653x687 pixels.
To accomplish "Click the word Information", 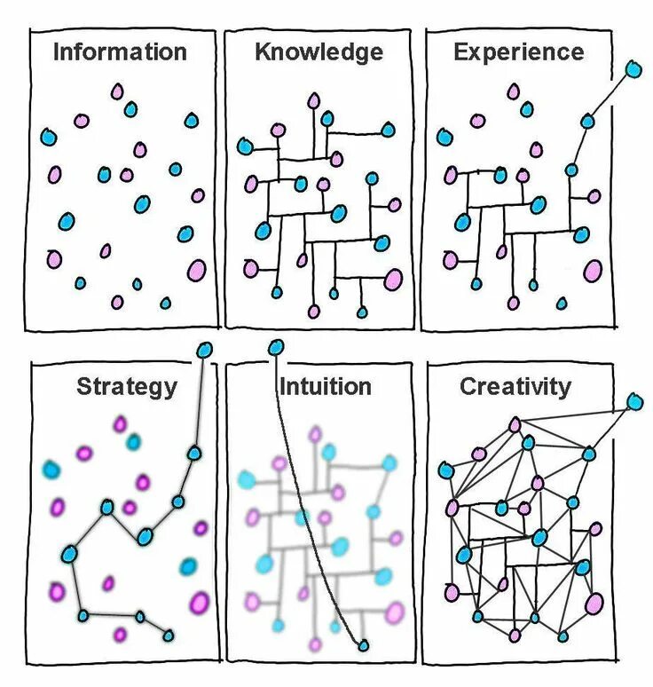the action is (120, 51).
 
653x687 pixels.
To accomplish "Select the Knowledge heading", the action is (319, 51).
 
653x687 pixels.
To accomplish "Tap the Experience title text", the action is (519, 51).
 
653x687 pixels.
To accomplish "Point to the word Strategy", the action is (127, 386).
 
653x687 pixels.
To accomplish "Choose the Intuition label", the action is (325, 386).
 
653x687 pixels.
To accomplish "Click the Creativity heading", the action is (515, 386).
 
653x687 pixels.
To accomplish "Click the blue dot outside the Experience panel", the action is (633, 68).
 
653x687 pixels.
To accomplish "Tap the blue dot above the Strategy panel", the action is (205, 349).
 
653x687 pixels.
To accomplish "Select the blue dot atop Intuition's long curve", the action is (276, 347).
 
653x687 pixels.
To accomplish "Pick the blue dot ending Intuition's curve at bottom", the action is (362, 645).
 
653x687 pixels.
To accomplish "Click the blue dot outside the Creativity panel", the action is (634, 402).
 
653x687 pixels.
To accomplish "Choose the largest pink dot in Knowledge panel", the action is (393, 280).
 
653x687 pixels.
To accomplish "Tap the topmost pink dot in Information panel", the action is (116, 91).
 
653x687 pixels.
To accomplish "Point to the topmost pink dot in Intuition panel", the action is (315, 434).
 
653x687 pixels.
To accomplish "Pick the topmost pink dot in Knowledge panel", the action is (313, 101).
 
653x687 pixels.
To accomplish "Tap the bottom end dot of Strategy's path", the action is (168, 636).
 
